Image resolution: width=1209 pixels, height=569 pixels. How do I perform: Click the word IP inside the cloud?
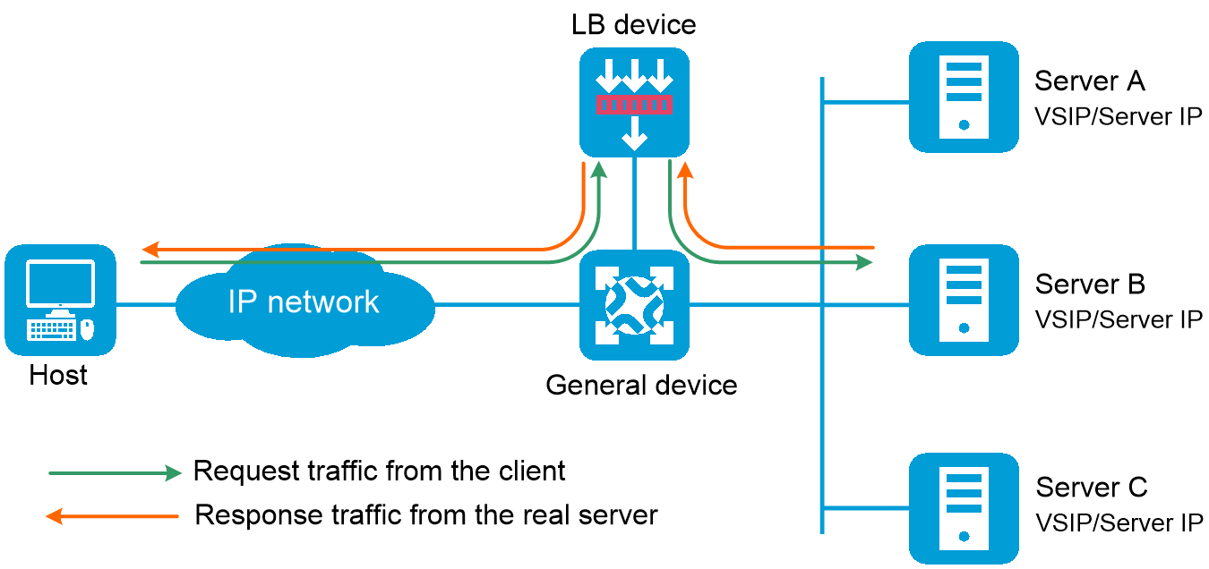(242, 301)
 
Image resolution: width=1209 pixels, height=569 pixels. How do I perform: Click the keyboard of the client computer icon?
(52, 329)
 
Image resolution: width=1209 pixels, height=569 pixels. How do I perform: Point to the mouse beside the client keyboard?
(87, 329)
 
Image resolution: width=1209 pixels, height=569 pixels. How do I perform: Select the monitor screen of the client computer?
(60, 284)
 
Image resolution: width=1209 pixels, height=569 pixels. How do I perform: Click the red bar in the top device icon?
(634, 105)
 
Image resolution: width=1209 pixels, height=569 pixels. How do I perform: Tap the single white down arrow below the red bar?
(634, 133)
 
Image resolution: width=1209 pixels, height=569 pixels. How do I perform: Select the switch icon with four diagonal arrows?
(634, 305)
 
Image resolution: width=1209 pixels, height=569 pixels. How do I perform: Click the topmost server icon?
(964, 97)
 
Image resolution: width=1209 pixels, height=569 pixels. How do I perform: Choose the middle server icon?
(964, 300)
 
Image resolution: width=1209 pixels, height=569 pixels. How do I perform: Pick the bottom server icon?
(964, 508)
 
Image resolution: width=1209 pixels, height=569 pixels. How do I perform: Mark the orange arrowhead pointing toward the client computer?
(150, 249)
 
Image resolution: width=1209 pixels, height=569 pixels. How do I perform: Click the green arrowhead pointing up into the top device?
(599, 169)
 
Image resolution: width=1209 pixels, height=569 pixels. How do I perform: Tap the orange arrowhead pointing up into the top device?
(684, 169)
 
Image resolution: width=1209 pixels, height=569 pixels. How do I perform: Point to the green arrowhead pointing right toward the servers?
(865, 262)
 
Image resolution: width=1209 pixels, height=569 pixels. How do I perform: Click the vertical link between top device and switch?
(634, 204)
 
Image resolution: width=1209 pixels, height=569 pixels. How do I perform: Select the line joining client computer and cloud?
(146, 305)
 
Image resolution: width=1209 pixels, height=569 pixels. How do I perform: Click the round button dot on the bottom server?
(964, 537)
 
